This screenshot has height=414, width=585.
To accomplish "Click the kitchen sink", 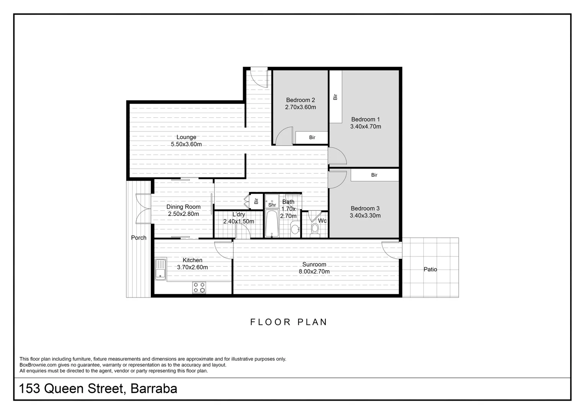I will pos(160,269).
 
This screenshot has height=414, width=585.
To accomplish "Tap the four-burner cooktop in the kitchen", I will pos(199,287).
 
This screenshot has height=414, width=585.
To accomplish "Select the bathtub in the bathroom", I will pos(271,223).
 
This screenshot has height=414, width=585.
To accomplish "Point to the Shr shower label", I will pos(272,205).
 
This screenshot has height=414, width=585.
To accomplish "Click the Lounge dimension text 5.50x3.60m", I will pos(186,145).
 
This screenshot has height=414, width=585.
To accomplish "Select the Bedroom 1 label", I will pos(365,119).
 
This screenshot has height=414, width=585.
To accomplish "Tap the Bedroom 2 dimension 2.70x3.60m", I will pos(300,107).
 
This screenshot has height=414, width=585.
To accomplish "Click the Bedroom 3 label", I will pos(365,209).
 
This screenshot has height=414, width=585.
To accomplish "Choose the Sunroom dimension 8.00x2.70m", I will pos(314,272).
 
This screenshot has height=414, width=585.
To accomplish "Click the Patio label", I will pos(430,269).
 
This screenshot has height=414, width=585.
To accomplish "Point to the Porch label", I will pos(139,238).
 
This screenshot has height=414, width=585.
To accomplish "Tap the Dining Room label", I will pos(183,207).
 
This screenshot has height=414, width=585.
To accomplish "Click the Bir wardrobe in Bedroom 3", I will pos(374,175).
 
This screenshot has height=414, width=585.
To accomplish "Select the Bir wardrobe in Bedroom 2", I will pos(312,138).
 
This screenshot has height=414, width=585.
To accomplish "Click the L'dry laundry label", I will pos(239,215).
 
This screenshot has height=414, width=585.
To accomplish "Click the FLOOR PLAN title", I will pos(289,322).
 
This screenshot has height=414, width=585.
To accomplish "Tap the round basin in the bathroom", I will pos(295,229).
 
